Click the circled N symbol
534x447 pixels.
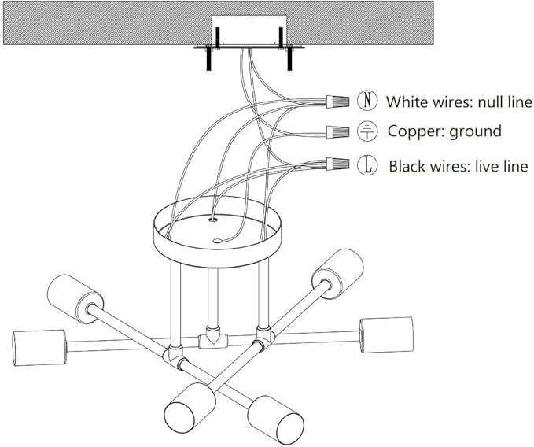click(367, 101)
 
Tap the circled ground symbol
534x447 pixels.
click(367, 131)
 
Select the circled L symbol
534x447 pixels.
click(367, 165)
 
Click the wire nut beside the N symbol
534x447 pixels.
click(337, 102)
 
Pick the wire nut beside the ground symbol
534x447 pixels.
click(337, 132)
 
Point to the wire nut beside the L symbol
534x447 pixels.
click(337, 164)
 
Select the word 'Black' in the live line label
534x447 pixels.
click(407, 166)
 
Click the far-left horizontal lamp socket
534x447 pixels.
click(39, 348)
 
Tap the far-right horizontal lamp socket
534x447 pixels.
click(387, 335)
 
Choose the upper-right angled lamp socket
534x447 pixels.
click(338, 275)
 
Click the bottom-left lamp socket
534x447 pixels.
click(190, 403)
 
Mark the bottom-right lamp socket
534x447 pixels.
click(275, 416)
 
